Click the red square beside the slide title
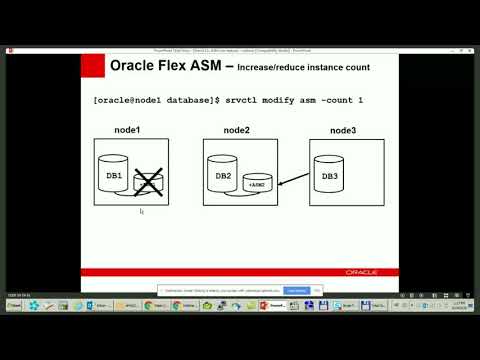tap(92, 68)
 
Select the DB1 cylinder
tap(114, 175)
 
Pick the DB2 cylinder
tap(224, 175)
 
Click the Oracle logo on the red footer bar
tap(361, 271)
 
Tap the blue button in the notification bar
tap(297, 290)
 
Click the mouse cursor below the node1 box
tap(142, 211)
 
